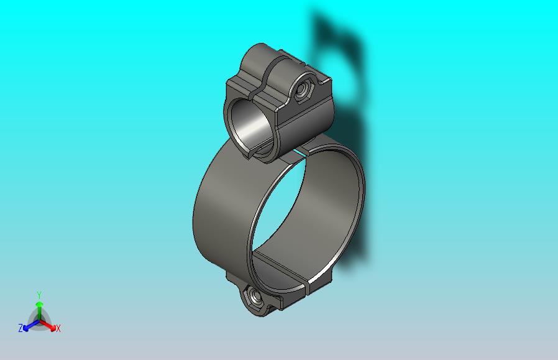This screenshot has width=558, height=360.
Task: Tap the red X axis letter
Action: [x=58, y=329]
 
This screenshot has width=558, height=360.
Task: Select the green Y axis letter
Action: [x=39, y=295]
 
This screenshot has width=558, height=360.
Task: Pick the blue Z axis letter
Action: [x=21, y=328]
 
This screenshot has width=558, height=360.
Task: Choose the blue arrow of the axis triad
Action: [x=30, y=325]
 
